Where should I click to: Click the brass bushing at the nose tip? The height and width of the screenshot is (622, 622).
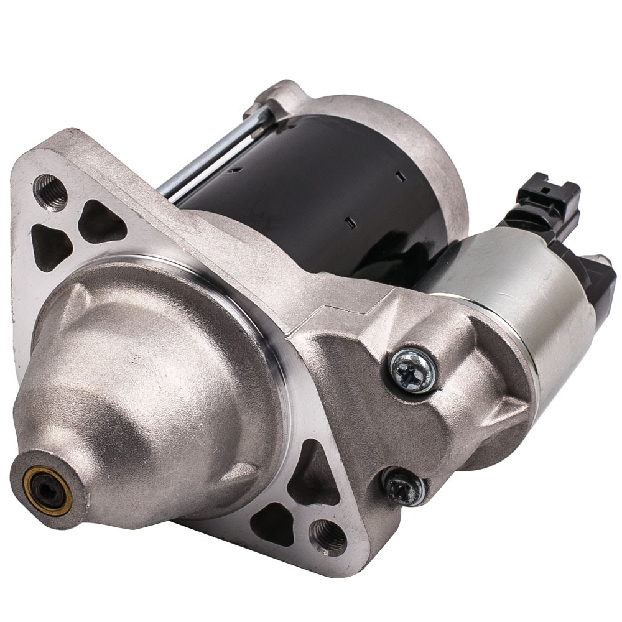pos(47,490)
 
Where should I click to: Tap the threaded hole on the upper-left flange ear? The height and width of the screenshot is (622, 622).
pos(50,190)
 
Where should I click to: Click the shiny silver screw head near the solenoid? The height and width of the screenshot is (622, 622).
pos(412,369)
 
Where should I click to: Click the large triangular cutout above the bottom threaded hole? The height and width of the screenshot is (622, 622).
pos(311,476)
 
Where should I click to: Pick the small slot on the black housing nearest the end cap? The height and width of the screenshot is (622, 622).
pos(401,177)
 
